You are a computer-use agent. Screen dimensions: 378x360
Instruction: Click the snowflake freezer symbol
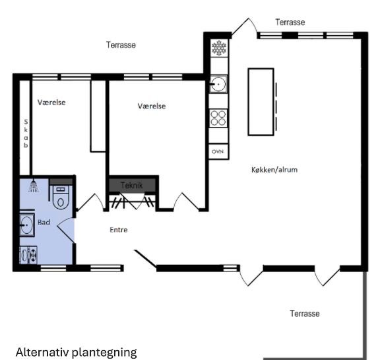click(x=219, y=48)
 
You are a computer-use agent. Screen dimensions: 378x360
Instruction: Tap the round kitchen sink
click(x=218, y=84)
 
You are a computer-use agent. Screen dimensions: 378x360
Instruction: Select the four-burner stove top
click(x=218, y=118)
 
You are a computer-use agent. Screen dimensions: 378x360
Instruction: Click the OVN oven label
click(x=218, y=152)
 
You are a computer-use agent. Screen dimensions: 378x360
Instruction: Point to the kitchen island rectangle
click(x=261, y=102)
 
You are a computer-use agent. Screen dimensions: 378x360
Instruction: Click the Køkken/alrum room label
click(x=274, y=170)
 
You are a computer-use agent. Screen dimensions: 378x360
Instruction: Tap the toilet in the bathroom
click(x=61, y=198)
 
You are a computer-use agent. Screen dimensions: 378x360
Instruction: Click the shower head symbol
click(x=34, y=186)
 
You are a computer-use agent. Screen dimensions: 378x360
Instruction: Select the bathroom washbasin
click(x=27, y=225)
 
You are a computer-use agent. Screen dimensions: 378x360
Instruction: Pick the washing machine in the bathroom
click(x=28, y=255)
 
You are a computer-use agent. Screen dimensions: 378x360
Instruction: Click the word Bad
click(x=44, y=222)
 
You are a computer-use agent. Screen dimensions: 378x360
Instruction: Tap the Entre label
click(x=119, y=230)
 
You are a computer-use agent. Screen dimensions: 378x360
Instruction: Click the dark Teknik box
click(x=132, y=185)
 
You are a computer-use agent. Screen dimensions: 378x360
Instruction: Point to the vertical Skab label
click(x=26, y=133)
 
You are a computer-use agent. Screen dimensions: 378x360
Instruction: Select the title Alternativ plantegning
click(x=77, y=352)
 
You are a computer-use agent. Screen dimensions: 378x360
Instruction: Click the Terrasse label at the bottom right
click(x=305, y=313)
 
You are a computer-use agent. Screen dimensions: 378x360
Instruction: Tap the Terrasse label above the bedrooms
click(x=121, y=45)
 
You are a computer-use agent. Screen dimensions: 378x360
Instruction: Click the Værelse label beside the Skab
click(x=51, y=102)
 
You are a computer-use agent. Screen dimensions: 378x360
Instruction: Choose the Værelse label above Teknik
click(x=152, y=106)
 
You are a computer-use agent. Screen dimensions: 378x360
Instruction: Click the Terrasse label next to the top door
click(x=290, y=22)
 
